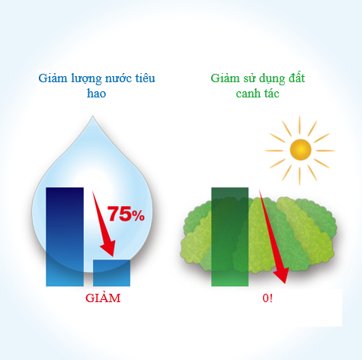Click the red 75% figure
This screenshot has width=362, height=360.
pyautogui.click(x=126, y=215)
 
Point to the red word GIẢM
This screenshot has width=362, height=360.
pyautogui.click(x=103, y=298)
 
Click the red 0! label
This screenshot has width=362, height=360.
pyautogui.click(x=267, y=298)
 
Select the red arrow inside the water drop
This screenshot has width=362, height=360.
pyautogui.click(x=103, y=225)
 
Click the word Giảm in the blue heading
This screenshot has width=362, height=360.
pyautogui.click(x=51, y=78)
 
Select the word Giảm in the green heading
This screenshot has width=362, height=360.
pyautogui.click(x=224, y=78)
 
